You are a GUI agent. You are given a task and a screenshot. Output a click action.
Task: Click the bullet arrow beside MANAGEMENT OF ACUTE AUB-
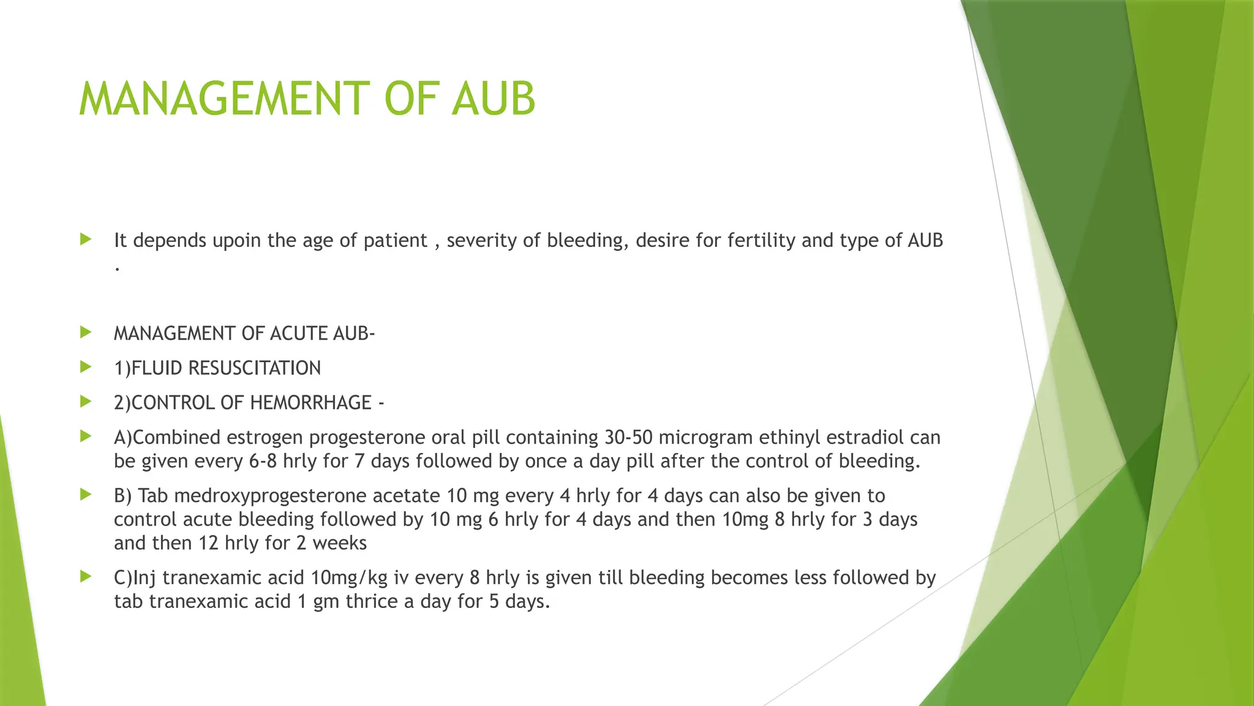(x=86, y=333)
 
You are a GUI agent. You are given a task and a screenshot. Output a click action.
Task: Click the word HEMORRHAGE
(x=310, y=403)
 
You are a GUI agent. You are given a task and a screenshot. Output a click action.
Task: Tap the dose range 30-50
(x=628, y=438)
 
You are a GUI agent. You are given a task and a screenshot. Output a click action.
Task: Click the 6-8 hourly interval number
(x=263, y=461)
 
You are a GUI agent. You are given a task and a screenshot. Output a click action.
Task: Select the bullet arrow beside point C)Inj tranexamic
(x=86, y=577)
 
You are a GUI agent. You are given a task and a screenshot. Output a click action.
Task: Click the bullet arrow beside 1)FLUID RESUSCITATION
(x=86, y=367)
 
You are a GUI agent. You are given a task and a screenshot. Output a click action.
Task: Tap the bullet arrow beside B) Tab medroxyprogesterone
(x=86, y=495)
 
